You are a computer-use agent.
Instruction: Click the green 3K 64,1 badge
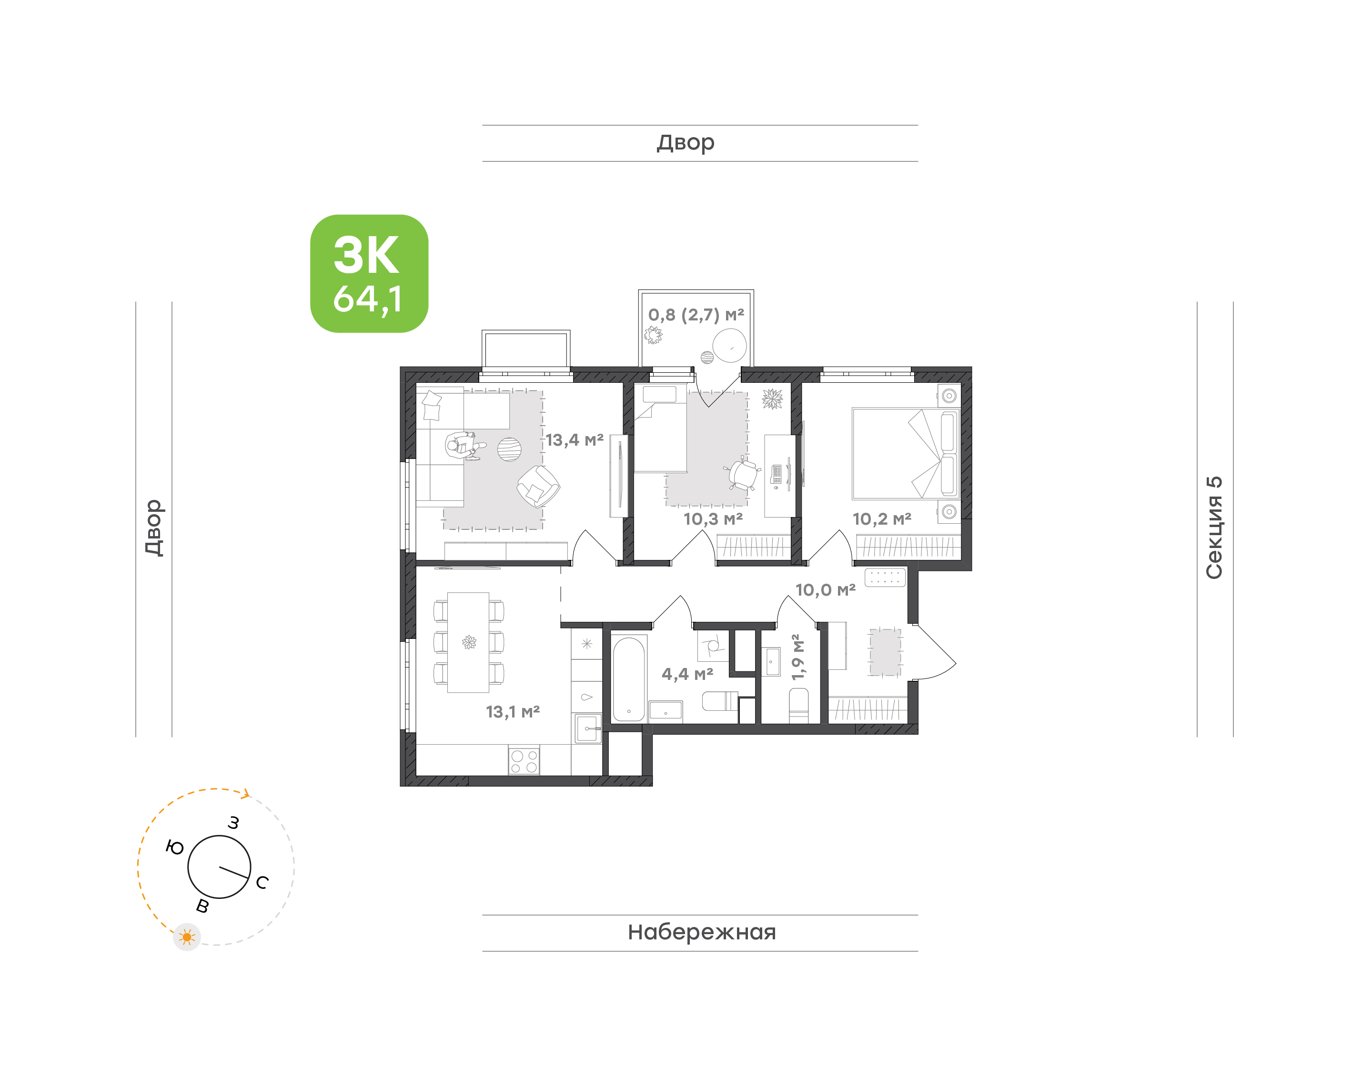coord(369,273)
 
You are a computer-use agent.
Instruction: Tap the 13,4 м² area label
coord(574,440)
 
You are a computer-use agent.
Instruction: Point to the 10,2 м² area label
coord(882,519)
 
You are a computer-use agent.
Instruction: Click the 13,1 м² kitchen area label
coord(513,712)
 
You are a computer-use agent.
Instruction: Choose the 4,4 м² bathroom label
coord(687,674)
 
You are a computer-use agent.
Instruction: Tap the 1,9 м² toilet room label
coord(798,657)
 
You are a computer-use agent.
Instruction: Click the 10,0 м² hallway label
coord(825,590)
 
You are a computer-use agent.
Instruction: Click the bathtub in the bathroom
coord(628,679)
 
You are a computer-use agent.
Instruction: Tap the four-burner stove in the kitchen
coord(524,760)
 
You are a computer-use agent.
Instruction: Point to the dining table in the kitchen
coord(468,643)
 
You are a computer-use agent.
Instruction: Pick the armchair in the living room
coord(538,486)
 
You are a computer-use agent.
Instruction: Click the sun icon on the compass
coord(187,937)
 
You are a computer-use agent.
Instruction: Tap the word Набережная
coord(701,932)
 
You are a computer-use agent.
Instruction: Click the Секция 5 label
coord(1214,528)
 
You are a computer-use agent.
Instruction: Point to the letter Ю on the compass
coord(174,847)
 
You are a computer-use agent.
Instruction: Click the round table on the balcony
coord(729,346)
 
